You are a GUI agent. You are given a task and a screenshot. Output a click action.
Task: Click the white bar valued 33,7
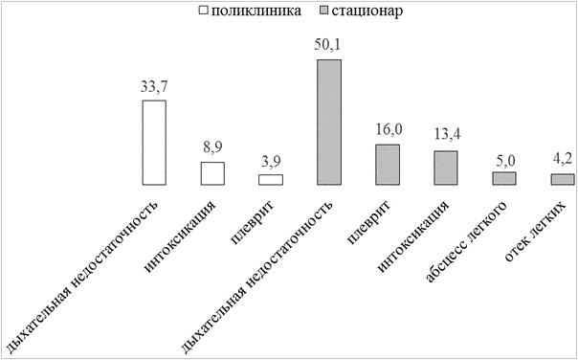[x=154, y=143]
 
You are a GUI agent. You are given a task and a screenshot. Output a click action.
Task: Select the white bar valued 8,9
[x=212, y=173]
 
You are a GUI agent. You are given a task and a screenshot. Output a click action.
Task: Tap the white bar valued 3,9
[x=271, y=180]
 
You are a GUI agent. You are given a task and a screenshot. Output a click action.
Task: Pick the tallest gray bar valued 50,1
[x=329, y=123]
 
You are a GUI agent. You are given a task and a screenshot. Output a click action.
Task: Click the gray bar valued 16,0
[x=388, y=165]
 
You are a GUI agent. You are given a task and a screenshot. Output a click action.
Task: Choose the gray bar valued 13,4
[x=446, y=168]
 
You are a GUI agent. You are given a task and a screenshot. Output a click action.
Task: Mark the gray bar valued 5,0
[x=504, y=178]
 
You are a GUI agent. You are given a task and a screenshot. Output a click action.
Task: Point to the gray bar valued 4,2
[x=563, y=179]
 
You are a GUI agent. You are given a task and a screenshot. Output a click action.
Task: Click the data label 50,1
[x=328, y=45]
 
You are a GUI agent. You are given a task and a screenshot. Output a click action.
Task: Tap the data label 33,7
[x=154, y=87]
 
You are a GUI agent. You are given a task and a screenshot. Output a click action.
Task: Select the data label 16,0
[x=389, y=130]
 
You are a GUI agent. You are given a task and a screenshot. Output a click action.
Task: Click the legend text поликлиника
[x=256, y=11]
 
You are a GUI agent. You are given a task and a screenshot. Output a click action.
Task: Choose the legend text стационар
[x=367, y=11]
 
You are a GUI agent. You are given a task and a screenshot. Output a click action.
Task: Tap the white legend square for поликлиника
[x=204, y=11]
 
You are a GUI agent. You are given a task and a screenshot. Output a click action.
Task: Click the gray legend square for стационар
[x=323, y=11]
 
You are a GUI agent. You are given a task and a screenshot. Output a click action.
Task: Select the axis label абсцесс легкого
[x=467, y=242]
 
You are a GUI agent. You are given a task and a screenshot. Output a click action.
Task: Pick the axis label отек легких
[x=535, y=232]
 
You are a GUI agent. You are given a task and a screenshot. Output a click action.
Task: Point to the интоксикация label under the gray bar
[x=413, y=237]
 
